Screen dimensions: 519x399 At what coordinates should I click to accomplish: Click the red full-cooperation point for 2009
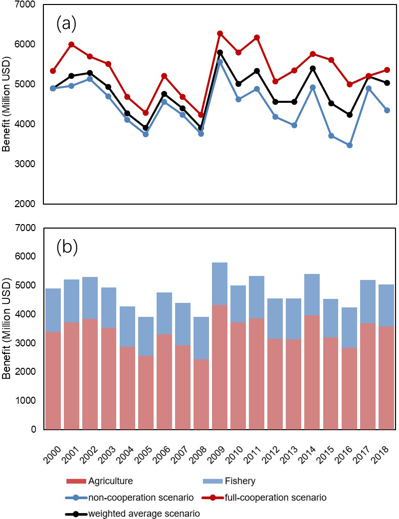(x=220, y=33)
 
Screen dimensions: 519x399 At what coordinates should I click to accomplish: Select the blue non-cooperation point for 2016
(x=350, y=145)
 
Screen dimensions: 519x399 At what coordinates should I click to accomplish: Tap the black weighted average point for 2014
(x=313, y=68)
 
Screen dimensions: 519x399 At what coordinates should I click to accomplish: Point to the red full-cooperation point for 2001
(x=72, y=44)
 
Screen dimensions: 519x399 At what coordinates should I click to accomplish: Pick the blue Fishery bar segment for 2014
(x=313, y=294)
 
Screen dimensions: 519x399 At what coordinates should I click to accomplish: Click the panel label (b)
(x=66, y=247)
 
